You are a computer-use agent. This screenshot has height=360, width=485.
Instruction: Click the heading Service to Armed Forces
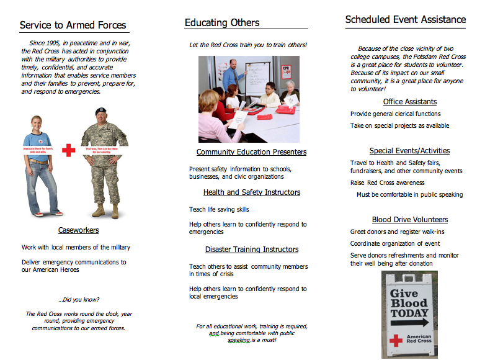pyautogui.click(x=73, y=25)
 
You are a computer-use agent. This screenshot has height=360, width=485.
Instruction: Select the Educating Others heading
pyautogui.click(x=222, y=23)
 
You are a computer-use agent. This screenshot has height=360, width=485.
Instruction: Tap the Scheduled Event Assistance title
pyautogui.click(x=405, y=20)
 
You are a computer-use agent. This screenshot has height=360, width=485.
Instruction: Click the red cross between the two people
pyautogui.click(x=68, y=150)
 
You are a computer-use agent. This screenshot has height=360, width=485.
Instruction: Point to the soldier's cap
pyautogui.click(x=101, y=111)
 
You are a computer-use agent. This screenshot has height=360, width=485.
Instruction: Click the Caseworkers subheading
pyautogui.click(x=78, y=230)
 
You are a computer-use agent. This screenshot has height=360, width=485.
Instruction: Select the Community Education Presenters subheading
pyautogui.click(x=251, y=152)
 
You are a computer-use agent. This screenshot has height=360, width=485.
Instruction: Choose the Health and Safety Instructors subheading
pyautogui.click(x=251, y=192)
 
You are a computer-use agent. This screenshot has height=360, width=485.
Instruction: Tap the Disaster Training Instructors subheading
pyautogui.click(x=251, y=250)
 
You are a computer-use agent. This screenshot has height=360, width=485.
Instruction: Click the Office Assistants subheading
pyautogui.click(x=409, y=102)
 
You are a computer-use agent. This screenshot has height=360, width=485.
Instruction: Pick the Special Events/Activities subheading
pyautogui.click(x=409, y=151)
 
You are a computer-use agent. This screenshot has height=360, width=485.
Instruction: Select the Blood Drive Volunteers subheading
pyautogui.click(x=409, y=220)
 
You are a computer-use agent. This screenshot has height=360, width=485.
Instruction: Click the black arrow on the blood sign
pyautogui.click(x=409, y=323)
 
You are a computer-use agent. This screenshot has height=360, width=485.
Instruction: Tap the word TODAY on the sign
pyautogui.click(x=409, y=313)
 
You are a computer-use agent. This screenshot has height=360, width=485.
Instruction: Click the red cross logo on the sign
pyautogui.click(x=395, y=340)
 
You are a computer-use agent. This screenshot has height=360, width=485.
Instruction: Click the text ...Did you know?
pyautogui.click(x=78, y=299)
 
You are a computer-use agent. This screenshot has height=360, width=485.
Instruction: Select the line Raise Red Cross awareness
pyautogui.click(x=387, y=183)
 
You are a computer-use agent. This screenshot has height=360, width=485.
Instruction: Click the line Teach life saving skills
pyautogui.click(x=219, y=210)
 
